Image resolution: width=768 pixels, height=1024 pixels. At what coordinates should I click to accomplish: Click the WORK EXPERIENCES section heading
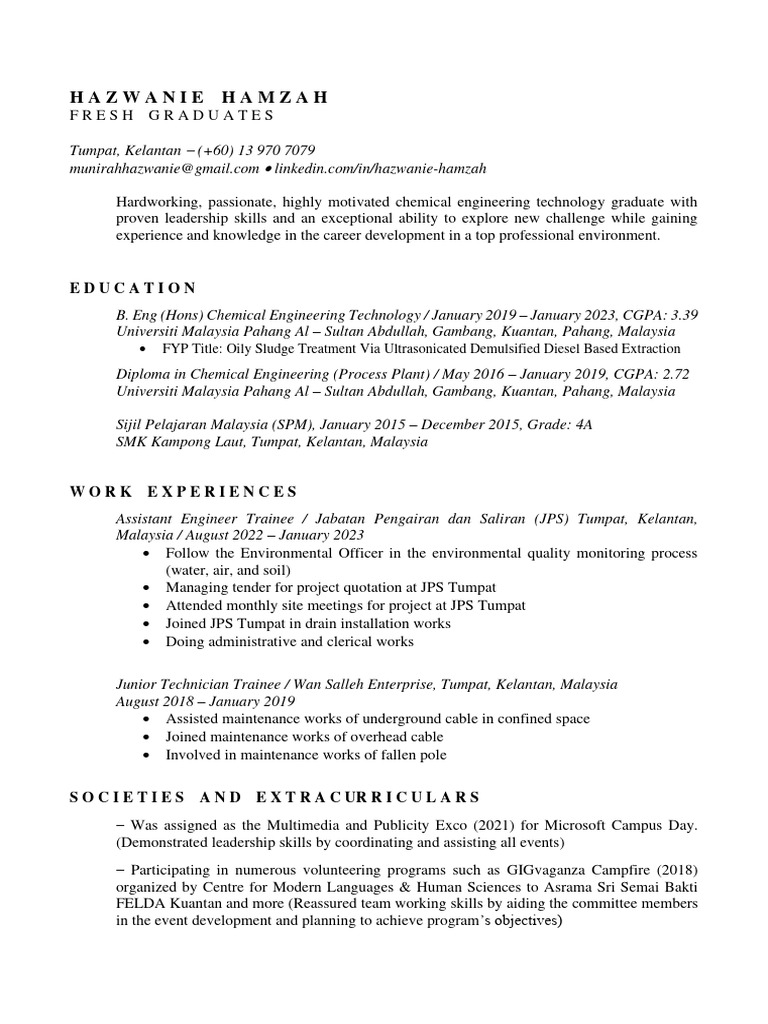(x=184, y=491)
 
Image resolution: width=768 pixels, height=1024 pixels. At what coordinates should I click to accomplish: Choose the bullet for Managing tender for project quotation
(x=149, y=587)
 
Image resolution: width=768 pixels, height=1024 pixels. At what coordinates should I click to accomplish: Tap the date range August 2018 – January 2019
(x=205, y=701)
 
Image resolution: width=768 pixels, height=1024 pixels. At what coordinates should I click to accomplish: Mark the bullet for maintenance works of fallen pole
(x=149, y=754)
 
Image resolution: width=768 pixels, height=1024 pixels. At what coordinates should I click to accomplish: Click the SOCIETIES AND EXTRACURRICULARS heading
(x=275, y=797)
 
